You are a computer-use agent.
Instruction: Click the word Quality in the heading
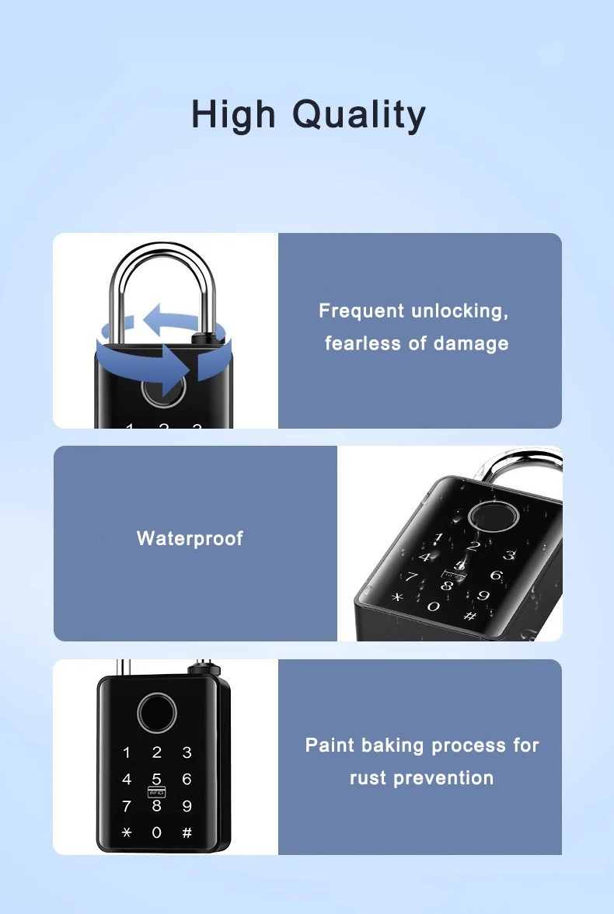[x=359, y=115]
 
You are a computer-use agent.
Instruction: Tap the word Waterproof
[x=190, y=539]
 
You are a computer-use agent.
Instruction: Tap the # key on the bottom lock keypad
[x=187, y=832]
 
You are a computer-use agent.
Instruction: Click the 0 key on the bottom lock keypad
[x=156, y=832]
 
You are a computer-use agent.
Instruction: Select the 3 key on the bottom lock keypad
[x=187, y=752]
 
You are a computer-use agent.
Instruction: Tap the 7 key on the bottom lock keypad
[x=127, y=806]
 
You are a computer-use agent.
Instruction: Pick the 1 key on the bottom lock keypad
[x=127, y=752]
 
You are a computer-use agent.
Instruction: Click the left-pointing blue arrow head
[x=154, y=318]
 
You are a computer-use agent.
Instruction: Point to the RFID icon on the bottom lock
[x=156, y=793]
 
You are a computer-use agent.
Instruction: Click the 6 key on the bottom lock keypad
[x=187, y=780]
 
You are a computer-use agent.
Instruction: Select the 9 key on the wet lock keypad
[x=483, y=596]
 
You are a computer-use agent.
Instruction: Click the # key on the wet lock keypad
[x=470, y=615]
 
